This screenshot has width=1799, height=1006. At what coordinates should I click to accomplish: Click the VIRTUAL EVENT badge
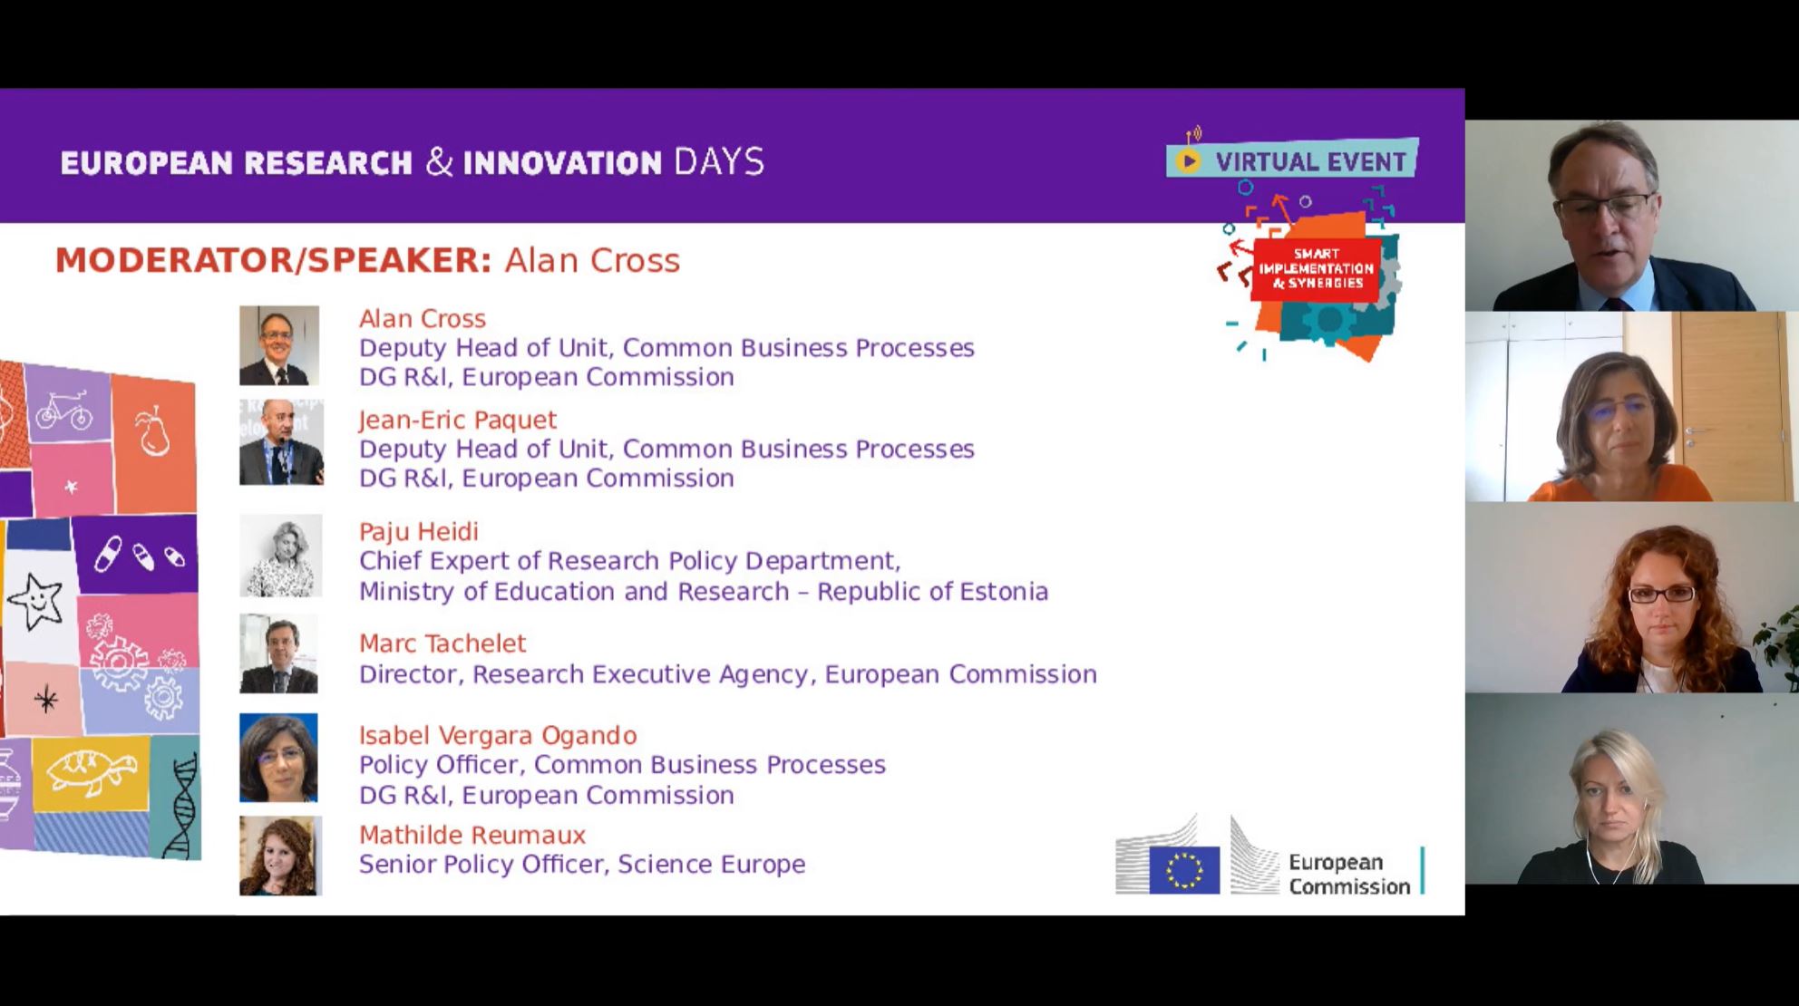point(1292,160)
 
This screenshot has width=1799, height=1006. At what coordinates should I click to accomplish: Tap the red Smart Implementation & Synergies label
point(1316,268)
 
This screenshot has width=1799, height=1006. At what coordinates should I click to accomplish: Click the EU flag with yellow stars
point(1184,869)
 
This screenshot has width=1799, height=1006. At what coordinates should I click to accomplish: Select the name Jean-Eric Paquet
point(457,420)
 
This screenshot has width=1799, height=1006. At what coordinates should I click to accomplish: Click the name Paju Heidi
point(418,532)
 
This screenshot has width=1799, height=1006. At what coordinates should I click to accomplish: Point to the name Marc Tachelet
point(442,643)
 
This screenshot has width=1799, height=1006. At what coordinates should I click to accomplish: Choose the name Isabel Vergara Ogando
point(498,735)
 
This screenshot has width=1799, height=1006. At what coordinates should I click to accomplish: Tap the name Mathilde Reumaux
point(472,835)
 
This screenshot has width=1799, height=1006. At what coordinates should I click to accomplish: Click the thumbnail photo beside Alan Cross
point(279,345)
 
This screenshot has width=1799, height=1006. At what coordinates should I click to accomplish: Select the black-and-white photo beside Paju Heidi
point(280,556)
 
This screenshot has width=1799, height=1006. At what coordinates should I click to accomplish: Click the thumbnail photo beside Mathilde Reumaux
point(280,856)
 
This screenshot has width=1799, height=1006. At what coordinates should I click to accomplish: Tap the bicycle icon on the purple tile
point(63,411)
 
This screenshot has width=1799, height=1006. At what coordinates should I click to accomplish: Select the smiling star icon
point(35,601)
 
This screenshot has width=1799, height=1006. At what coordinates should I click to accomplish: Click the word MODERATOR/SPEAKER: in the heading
point(273,260)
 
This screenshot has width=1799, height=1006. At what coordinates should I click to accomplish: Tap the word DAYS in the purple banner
point(719,162)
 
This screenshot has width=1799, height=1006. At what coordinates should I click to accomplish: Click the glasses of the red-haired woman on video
point(1661,595)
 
